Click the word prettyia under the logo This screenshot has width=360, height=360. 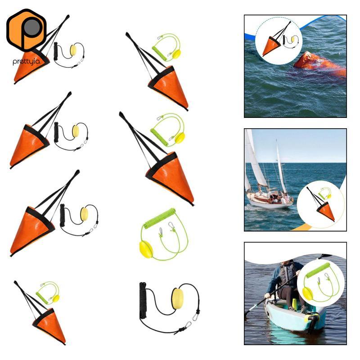(x=26, y=62)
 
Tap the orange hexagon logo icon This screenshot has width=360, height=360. (x=27, y=30)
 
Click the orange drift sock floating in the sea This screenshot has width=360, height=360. (x=320, y=64)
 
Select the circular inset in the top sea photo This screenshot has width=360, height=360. (x=279, y=40)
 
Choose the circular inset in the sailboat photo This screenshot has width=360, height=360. (x=321, y=204)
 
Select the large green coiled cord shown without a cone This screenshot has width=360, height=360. (x=160, y=218)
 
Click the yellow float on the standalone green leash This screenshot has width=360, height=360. (x=145, y=250)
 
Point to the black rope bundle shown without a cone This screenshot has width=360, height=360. (x=143, y=300)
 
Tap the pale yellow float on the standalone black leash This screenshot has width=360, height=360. (x=177, y=299)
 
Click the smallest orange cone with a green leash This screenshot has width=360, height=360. (x=49, y=325)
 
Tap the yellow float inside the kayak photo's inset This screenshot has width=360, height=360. (x=307, y=293)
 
